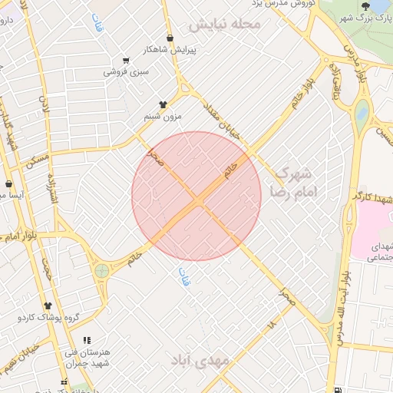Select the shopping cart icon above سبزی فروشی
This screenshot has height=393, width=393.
[x=126, y=61]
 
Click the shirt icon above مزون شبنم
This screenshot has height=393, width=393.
[x=162, y=104]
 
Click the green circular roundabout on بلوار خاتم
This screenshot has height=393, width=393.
[x=101, y=270]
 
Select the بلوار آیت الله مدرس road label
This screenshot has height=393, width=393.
[x=342, y=307]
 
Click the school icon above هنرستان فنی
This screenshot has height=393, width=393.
[x=87, y=339]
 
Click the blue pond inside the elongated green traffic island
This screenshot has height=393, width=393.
[x=362, y=112]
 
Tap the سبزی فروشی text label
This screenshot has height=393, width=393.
[x=126, y=72]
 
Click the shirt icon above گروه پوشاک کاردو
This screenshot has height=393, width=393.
[x=47, y=305]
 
